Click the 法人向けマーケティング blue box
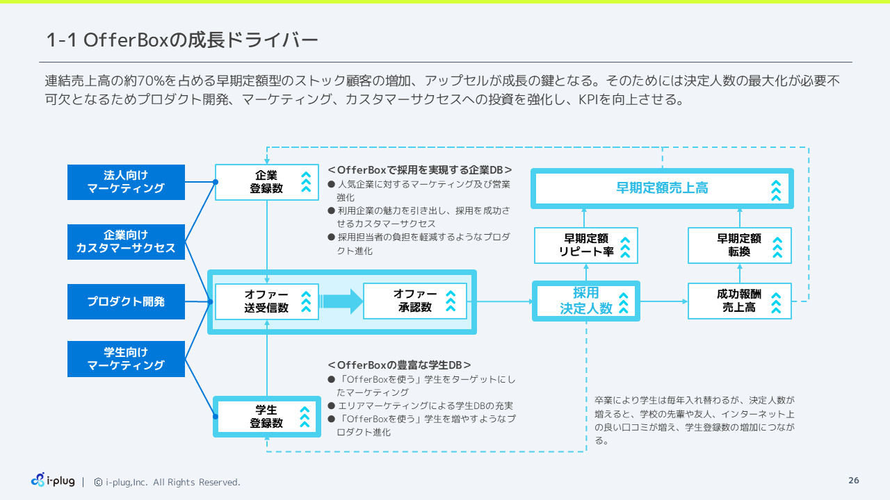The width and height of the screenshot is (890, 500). point(126,182)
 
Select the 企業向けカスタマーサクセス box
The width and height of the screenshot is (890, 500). point(126,242)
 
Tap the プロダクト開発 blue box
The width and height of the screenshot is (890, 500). point(126,302)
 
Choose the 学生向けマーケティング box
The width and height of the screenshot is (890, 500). point(126,359)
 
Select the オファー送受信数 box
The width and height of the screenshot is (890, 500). point(267,301)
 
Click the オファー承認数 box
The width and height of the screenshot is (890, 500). point(415,301)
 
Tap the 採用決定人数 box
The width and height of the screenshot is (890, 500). point(586,301)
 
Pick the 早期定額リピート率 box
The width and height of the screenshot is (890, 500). point(586,245)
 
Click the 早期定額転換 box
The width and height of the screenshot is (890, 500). point(740,245)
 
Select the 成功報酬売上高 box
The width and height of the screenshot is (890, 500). point(740,301)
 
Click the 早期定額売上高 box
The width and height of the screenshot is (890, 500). point(662,188)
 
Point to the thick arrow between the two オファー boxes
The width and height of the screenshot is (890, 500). point(341,301)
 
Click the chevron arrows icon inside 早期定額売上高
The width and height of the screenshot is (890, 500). point(776,189)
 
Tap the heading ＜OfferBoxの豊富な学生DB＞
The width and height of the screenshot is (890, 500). point(399,365)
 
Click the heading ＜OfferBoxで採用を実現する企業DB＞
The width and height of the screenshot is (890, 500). point(420,169)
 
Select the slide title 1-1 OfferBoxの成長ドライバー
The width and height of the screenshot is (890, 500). point(182,40)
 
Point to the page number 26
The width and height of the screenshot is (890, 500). point(854,481)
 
